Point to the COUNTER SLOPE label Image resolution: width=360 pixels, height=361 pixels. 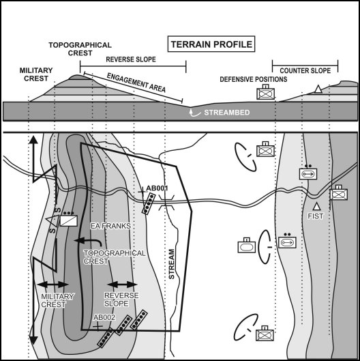click(305, 59)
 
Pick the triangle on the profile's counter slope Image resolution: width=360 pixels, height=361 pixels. click(318, 89)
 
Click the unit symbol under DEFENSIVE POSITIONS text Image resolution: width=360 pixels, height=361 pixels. click(264, 93)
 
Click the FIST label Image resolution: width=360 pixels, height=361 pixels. click(314, 216)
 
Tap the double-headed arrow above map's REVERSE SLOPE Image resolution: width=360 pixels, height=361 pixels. click(123, 284)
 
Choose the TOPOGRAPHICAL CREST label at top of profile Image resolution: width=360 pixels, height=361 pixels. click(80, 49)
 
